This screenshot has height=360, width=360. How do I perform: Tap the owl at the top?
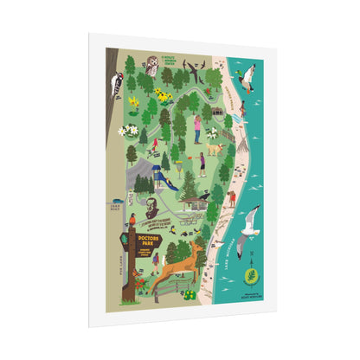[152, 63]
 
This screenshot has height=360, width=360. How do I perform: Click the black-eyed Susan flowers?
[163, 94]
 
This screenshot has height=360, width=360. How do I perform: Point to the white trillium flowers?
[129, 129]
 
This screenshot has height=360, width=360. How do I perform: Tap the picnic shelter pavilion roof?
[195, 198]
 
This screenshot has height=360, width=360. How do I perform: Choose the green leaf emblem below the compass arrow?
[252, 278]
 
